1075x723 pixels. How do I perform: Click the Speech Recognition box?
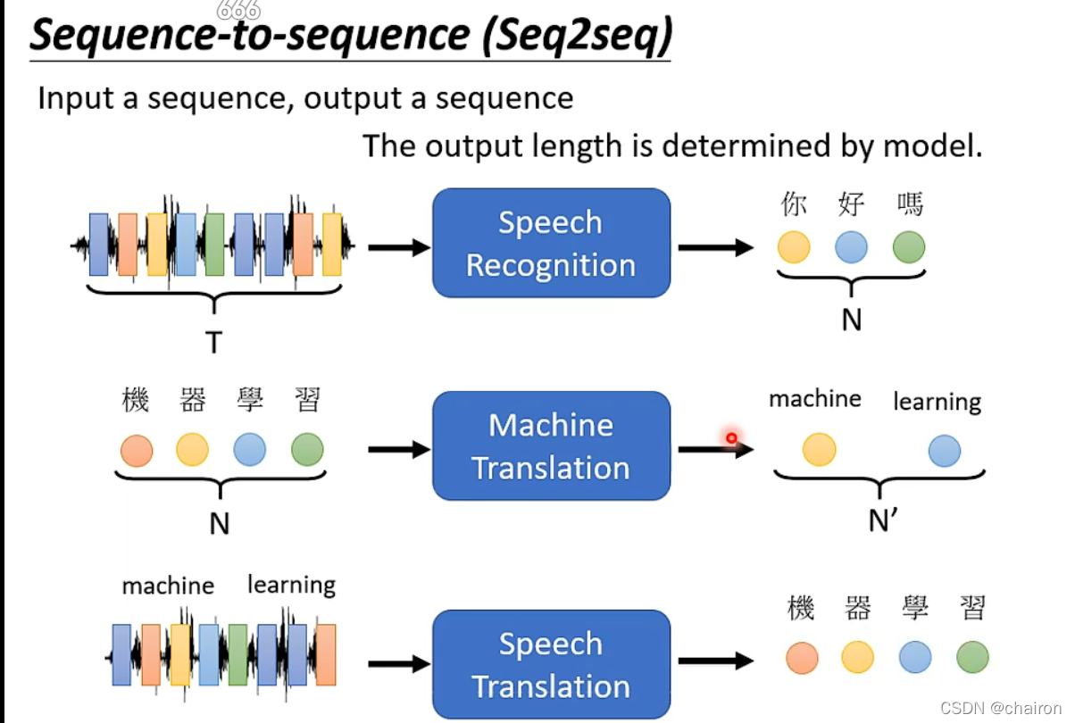tap(551, 243)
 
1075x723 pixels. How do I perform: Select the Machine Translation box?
tap(551, 445)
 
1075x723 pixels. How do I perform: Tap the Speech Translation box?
tap(551, 664)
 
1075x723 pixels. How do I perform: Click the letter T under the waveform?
tap(213, 341)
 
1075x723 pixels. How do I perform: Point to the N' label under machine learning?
tap(882, 520)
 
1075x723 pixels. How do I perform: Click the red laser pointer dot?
tap(731, 437)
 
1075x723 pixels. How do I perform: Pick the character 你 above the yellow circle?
tap(793, 205)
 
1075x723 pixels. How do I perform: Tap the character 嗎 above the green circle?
tap(909, 205)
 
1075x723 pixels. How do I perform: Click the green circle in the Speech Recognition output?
tap(909, 247)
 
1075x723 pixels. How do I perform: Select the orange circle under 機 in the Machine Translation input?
tap(136, 450)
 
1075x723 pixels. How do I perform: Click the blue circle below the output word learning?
tap(944, 451)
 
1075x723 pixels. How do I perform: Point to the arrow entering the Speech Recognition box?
tap(398, 247)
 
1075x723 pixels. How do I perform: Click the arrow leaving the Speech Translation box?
tap(715, 661)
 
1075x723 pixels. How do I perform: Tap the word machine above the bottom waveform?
tap(168, 586)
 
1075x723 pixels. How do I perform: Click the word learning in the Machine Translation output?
tap(937, 403)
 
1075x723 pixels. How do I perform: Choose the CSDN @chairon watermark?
tap(989, 708)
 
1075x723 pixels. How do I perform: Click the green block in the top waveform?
tap(213, 244)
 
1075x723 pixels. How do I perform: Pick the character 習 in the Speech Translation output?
tap(972, 609)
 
